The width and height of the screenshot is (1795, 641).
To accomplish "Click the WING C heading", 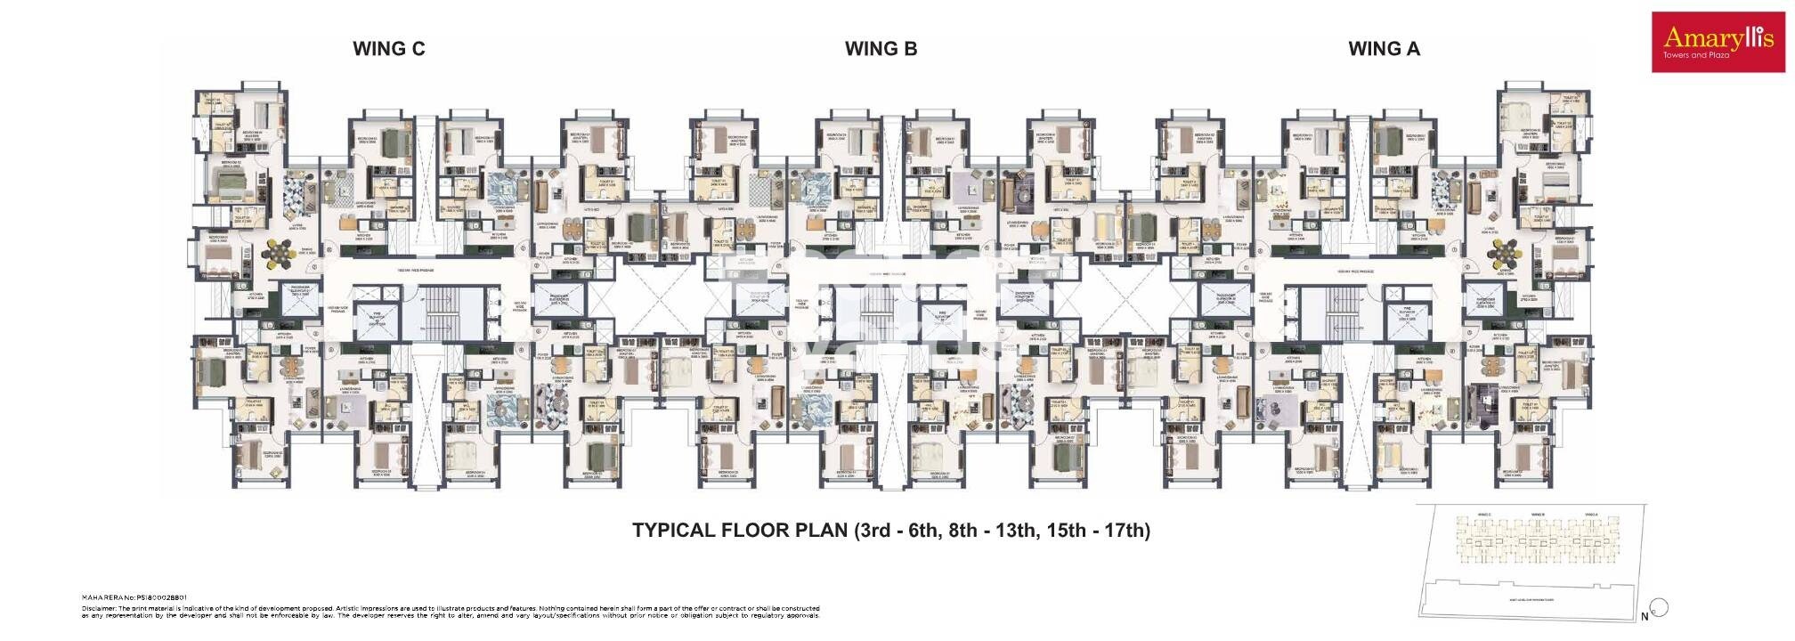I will (388, 49).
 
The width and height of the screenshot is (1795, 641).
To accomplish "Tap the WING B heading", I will (881, 49).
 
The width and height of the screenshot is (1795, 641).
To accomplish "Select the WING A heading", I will (1384, 49).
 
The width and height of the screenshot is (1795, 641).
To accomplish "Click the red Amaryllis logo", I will (1718, 38).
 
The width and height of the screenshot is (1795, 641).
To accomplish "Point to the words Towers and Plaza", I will (1695, 55).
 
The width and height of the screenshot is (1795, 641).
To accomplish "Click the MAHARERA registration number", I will (134, 598).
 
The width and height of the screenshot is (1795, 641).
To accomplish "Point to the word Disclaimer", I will (98, 607).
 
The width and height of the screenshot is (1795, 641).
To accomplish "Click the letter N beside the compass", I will (1644, 616).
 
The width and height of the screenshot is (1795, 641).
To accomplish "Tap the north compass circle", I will (1659, 608).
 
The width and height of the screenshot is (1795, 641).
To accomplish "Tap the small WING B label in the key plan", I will (1537, 515).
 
